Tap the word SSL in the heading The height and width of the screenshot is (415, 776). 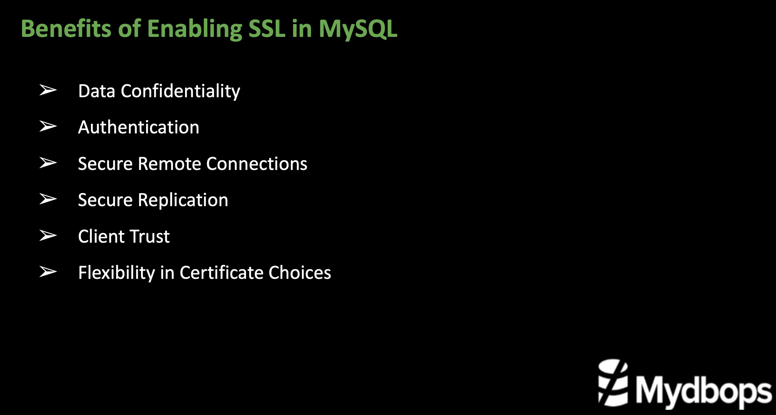267,28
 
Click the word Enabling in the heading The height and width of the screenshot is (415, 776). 195,29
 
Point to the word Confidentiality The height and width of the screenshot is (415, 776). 180,91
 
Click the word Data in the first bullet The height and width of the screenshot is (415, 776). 96,91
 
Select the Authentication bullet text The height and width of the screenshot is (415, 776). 139,127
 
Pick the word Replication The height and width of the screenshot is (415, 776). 183,200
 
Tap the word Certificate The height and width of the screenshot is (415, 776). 222,273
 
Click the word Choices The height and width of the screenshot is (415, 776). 299,273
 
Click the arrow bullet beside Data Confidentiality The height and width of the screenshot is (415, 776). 48,90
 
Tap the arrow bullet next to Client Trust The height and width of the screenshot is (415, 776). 48,235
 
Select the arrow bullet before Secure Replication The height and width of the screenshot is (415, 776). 48,199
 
